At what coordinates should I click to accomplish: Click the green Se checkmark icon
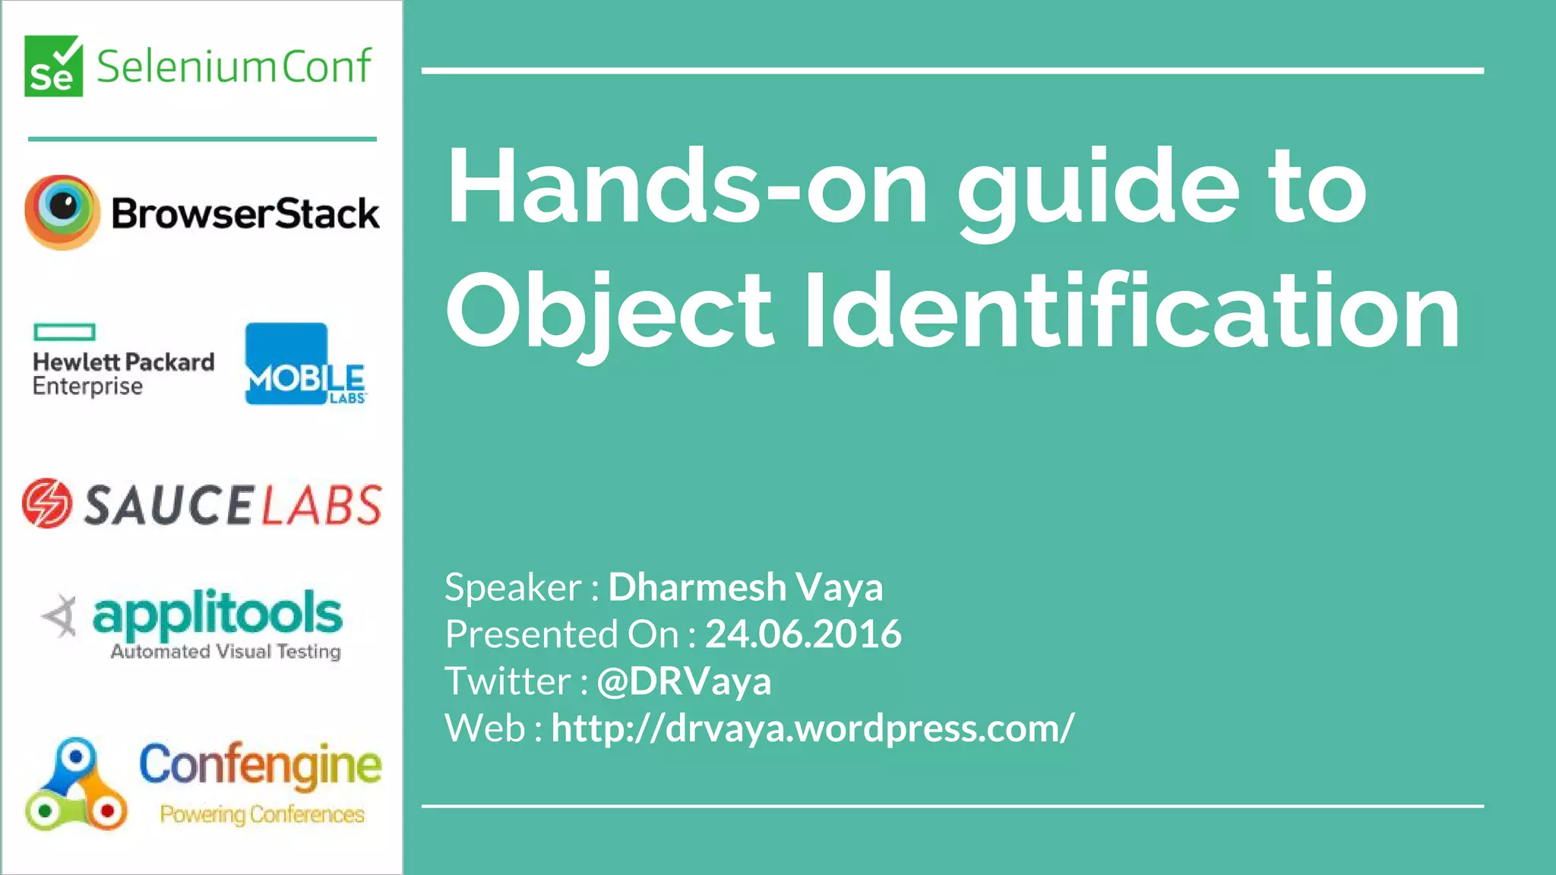(53, 66)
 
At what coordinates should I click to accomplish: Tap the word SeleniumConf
(234, 66)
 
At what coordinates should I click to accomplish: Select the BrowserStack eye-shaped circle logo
(62, 212)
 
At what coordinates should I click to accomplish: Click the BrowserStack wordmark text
(245, 213)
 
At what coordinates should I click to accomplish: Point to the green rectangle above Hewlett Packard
(65, 332)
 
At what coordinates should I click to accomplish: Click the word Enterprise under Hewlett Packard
(87, 387)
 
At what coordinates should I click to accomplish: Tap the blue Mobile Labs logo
(305, 365)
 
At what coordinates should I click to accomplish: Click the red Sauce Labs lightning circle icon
(47, 503)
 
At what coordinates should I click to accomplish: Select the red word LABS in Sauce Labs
(321, 506)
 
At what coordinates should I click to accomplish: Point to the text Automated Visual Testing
(226, 652)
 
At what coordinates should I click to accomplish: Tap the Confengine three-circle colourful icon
(74, 786)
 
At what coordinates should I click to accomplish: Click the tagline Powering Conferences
(262, 814)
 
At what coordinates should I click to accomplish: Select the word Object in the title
(609, 311)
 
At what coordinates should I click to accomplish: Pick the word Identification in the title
(1132, 311)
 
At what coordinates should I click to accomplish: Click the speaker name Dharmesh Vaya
(745, 587)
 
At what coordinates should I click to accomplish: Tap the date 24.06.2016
(803, 634)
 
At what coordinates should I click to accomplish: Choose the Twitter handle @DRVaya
(684, 681)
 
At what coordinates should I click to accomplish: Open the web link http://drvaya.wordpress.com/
(812, 728)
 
